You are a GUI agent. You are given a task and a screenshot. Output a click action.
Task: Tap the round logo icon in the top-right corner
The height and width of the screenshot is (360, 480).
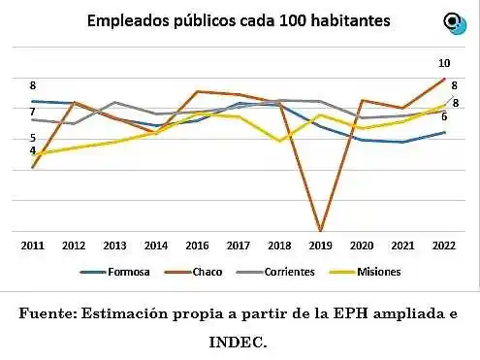click(453, 22)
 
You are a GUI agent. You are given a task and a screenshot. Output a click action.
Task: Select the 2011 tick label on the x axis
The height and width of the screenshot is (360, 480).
click(32, 246)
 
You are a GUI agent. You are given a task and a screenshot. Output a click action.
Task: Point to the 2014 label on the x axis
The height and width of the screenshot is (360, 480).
click(156, 246)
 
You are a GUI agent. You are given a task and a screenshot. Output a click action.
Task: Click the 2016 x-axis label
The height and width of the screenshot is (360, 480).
click(197, 246)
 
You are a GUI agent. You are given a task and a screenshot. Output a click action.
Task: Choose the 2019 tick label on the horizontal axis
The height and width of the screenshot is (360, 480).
click(320, 246)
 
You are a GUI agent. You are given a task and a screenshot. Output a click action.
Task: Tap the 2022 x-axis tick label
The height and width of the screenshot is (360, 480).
click(443, 246)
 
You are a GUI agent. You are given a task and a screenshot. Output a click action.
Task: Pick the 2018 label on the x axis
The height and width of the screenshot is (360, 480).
click(279, 246)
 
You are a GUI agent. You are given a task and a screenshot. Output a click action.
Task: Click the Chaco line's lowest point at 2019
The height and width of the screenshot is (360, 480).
click(320, 230)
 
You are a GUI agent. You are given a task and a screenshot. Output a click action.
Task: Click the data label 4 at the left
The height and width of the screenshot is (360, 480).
click(32, 150)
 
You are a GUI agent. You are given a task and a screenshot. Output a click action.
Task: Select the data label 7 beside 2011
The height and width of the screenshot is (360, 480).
click(32, 113)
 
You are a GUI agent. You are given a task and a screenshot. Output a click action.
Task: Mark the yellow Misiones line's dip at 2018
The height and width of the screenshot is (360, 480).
click(279, 141)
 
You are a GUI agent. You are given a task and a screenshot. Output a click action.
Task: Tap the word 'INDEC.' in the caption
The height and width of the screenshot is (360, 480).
click(238, 341)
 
